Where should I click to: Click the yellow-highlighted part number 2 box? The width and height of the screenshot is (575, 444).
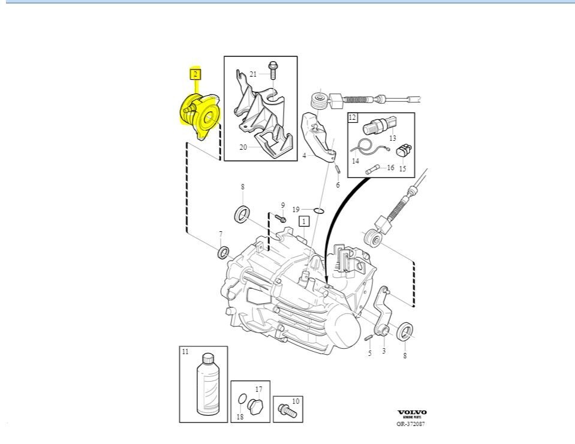(x=195, y=74)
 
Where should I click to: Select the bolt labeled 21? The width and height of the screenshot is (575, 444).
(x=272, y=71)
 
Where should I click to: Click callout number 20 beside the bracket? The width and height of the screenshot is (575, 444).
(x=243, y=147)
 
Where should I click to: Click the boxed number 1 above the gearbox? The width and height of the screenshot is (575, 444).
(x=304, y=221)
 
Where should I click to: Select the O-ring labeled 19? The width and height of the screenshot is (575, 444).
(x=318, y=210)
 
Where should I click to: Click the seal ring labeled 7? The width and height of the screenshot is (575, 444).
(x=223, y=252)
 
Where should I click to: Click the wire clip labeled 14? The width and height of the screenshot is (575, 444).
(x=362, y=147)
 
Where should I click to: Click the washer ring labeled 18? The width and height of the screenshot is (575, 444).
(x=241, y=400)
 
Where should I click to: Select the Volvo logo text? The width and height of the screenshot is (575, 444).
(x=412, y=413)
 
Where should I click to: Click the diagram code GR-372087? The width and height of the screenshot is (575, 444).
(x=411, y=424)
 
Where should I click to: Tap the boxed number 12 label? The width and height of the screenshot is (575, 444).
(x=353, y=117)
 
